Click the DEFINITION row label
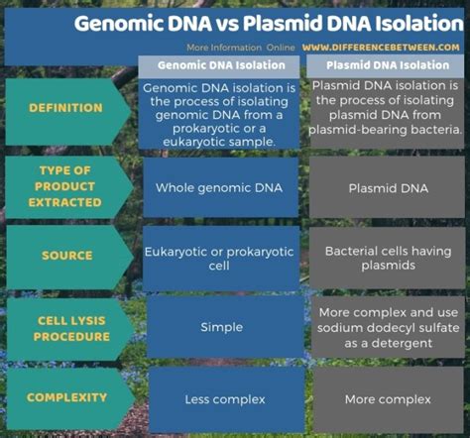coord(66,109)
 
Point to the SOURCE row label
coord(66,256)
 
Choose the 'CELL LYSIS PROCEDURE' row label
coord(66,327)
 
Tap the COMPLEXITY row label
coord(66,397)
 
